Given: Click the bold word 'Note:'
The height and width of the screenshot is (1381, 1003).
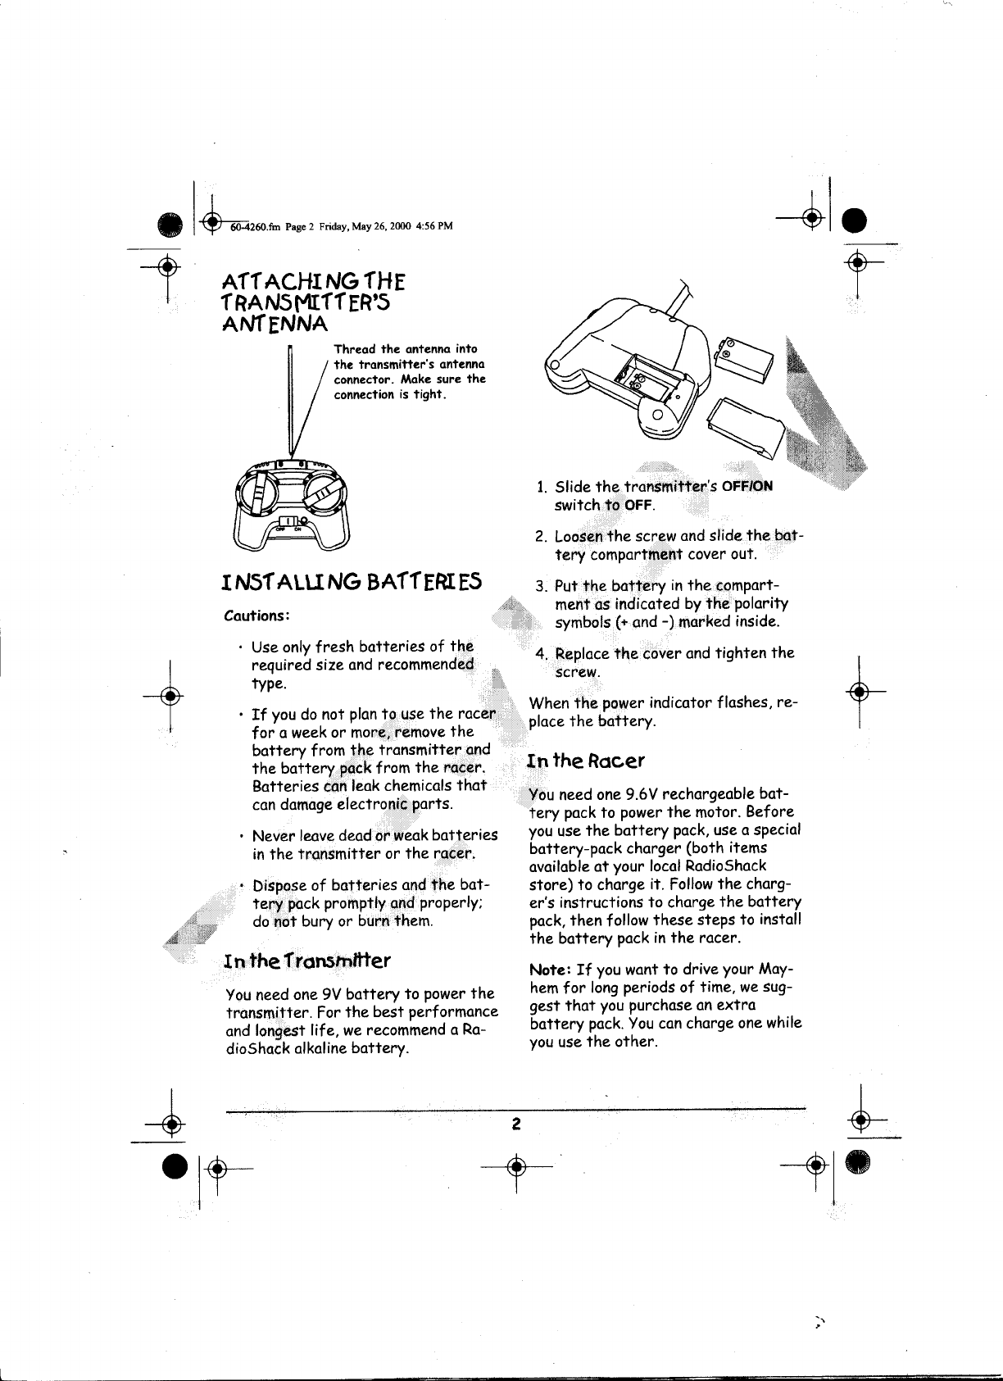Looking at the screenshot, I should [x=547, y=972].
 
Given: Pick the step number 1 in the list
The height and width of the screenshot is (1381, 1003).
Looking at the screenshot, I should [x=541, y=487].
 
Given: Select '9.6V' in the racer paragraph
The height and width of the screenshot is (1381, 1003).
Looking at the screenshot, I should [x=641, y=794].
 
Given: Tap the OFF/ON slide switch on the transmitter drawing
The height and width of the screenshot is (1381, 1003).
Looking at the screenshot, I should [x=291, y=521].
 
